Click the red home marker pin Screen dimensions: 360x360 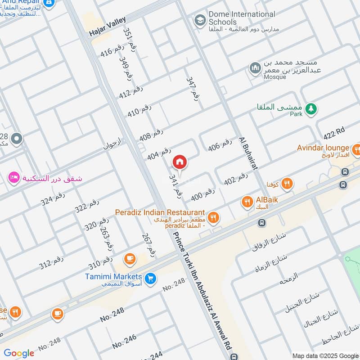[180, 162]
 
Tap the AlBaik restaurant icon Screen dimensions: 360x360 [247, 202]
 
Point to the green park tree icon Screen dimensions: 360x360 [310, 108]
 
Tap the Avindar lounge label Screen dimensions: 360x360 [323, 148]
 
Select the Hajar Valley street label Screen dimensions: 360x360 [108, 27]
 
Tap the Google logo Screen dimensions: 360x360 [19, 353]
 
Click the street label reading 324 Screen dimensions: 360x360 [53, 199]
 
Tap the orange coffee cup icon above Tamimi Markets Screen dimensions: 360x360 [130, 258]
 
